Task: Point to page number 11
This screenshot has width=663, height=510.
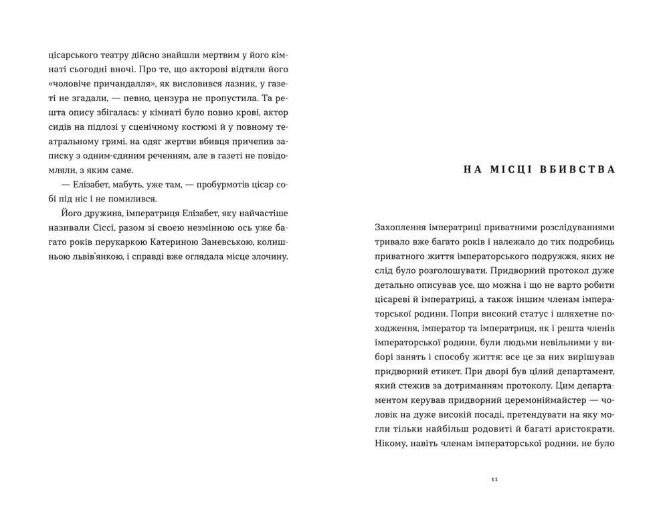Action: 494,479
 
